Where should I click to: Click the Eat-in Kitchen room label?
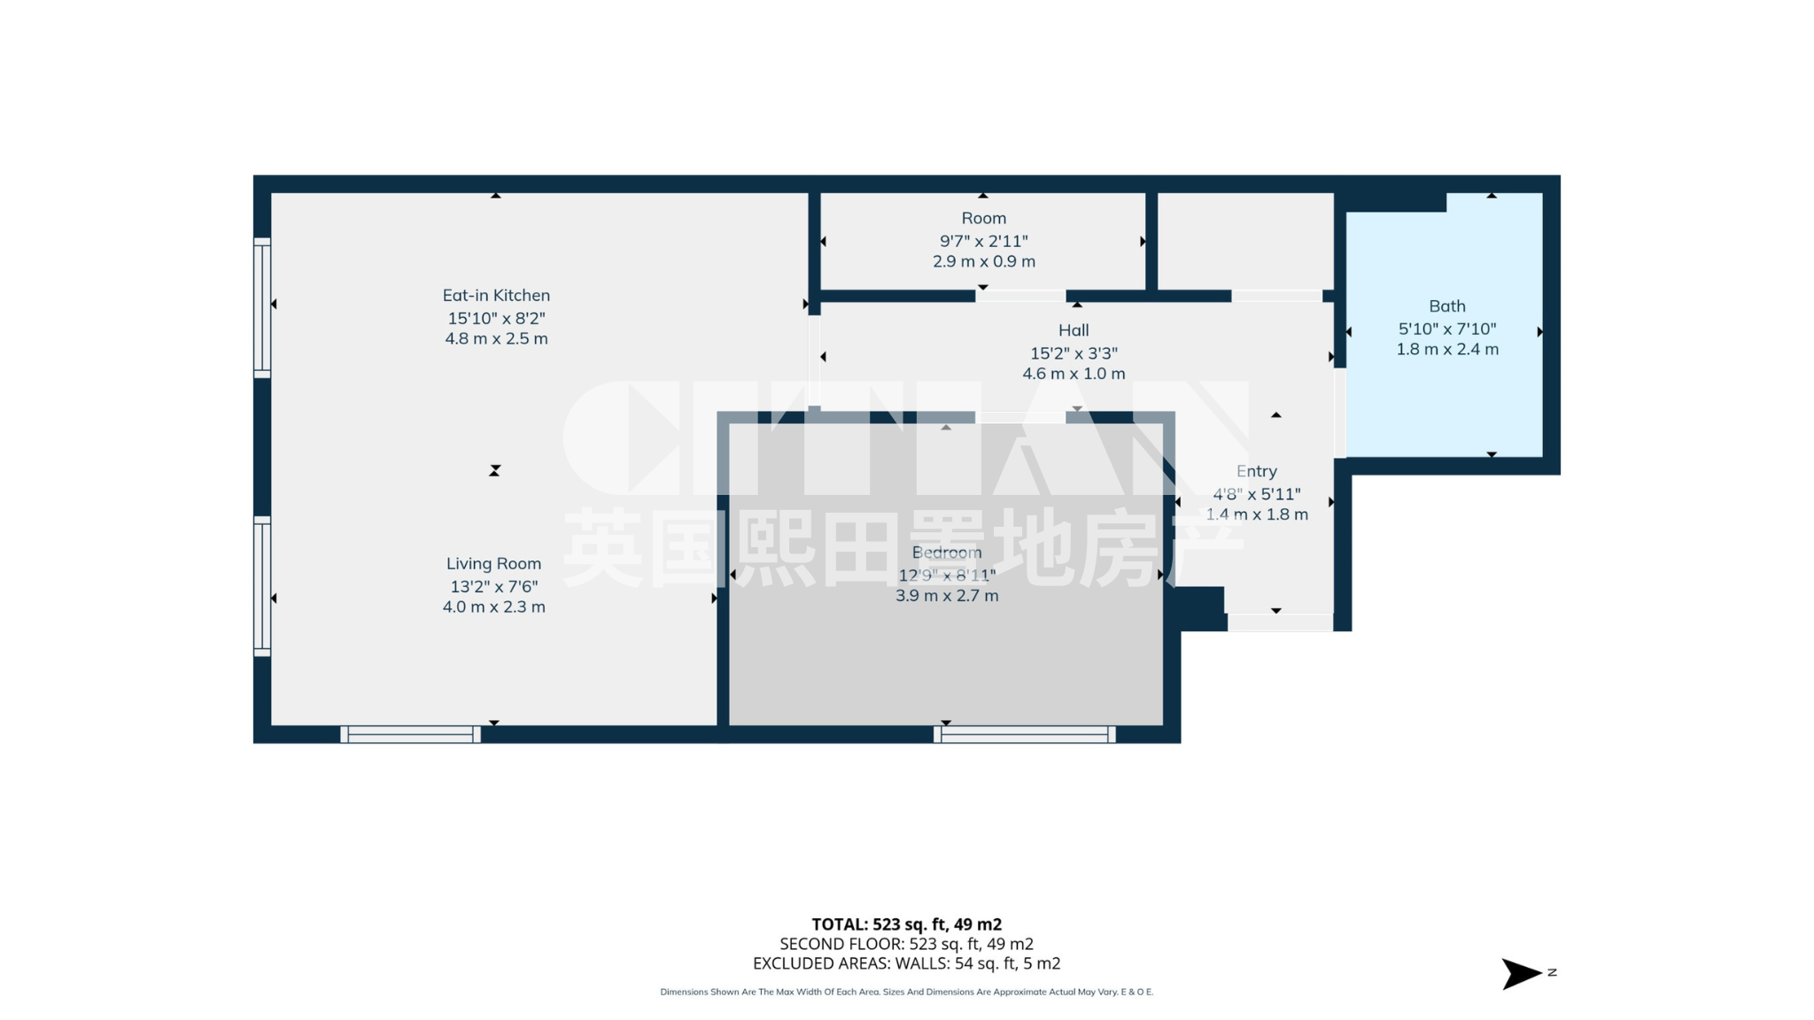click(496, 296)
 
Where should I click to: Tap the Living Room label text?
click(493, 564)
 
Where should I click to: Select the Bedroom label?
click(947, 552)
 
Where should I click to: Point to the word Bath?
click(1447, 306)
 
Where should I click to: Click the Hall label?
click(1074, 330)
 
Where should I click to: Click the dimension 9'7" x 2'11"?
click(983, 241)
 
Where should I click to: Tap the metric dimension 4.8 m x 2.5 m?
click(496, 339)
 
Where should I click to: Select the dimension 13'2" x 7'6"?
click(493, 586)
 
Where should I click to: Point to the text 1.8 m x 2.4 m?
click(1447, 350)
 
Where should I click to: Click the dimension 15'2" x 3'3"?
click(1074, 352)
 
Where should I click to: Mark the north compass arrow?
click(1522, 974)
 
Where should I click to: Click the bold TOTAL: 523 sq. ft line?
click(906, 924)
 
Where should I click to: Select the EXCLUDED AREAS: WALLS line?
click(906, 963)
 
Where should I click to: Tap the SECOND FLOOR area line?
click(906, 944)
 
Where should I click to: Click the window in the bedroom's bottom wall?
click(1025, 734)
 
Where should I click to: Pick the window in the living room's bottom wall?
click(411, 734)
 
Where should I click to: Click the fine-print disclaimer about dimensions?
click(906, 993)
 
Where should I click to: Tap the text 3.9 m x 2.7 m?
click(947, 596)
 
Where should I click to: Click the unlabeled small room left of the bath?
click(1245, 241)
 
